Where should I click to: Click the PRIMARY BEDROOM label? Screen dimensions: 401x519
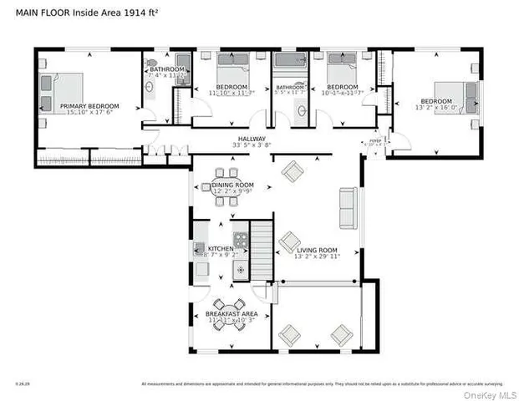[89, 106]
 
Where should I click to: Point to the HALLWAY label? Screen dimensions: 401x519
[252, 139]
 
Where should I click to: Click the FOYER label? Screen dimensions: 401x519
[374, 141]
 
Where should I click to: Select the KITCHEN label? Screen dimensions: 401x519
[221, 249]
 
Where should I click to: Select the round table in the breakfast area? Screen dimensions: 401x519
[228, 313]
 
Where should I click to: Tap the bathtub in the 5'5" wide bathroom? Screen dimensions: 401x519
[291, 63]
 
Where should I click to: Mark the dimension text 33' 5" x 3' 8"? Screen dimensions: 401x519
[252, 146]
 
